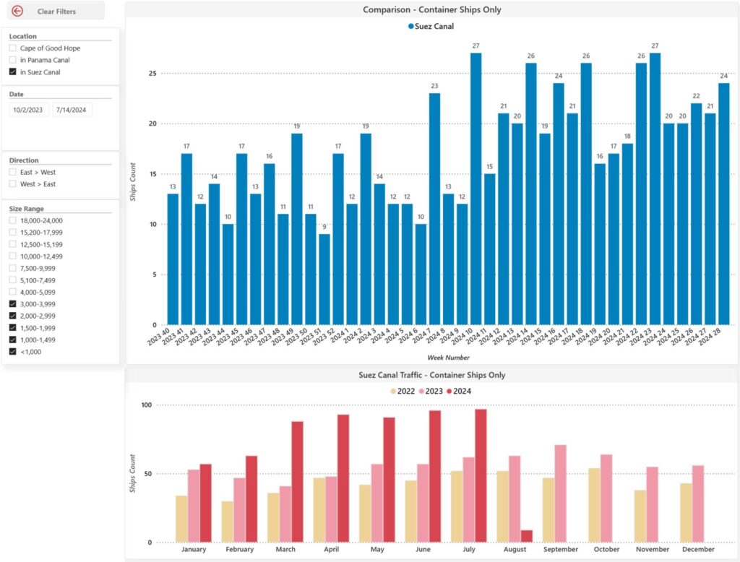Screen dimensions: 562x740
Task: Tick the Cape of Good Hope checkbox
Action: [13, 48]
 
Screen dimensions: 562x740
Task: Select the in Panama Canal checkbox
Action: [13, 60]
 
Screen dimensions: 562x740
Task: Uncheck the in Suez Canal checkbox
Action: [13, 72]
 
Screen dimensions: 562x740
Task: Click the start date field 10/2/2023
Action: [28, 110]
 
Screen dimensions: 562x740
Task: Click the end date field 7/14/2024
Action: [72, 110]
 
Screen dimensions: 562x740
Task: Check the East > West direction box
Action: [13, 172]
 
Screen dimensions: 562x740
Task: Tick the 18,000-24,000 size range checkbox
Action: [13, 220]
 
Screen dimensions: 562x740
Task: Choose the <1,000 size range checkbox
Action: [13, 352]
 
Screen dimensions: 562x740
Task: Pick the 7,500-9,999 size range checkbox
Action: [13, 268]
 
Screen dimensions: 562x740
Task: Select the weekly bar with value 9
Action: [324, 280]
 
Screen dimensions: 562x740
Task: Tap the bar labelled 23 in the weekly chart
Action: [434, 209]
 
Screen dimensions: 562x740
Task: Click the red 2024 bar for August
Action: [527, 537]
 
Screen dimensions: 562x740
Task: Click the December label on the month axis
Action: [699, 550]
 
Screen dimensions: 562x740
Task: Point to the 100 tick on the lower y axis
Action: [147, 405]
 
